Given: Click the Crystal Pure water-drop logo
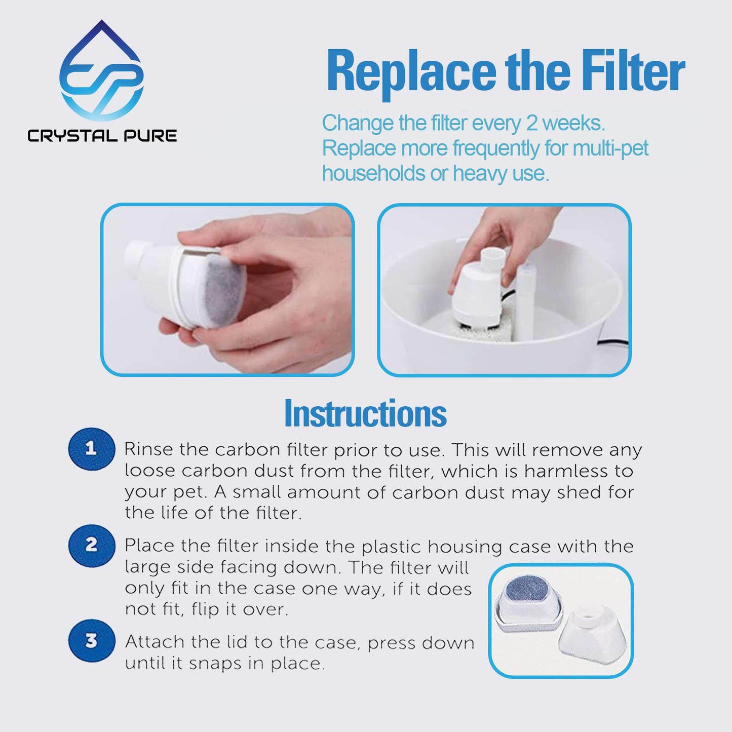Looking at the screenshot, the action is point(101,72).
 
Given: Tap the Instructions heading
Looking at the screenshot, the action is point(365,414).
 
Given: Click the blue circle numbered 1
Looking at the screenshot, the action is point(91,449).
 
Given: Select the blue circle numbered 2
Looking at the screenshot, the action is point(91,546).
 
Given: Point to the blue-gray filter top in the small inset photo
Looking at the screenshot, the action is point(528,589).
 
